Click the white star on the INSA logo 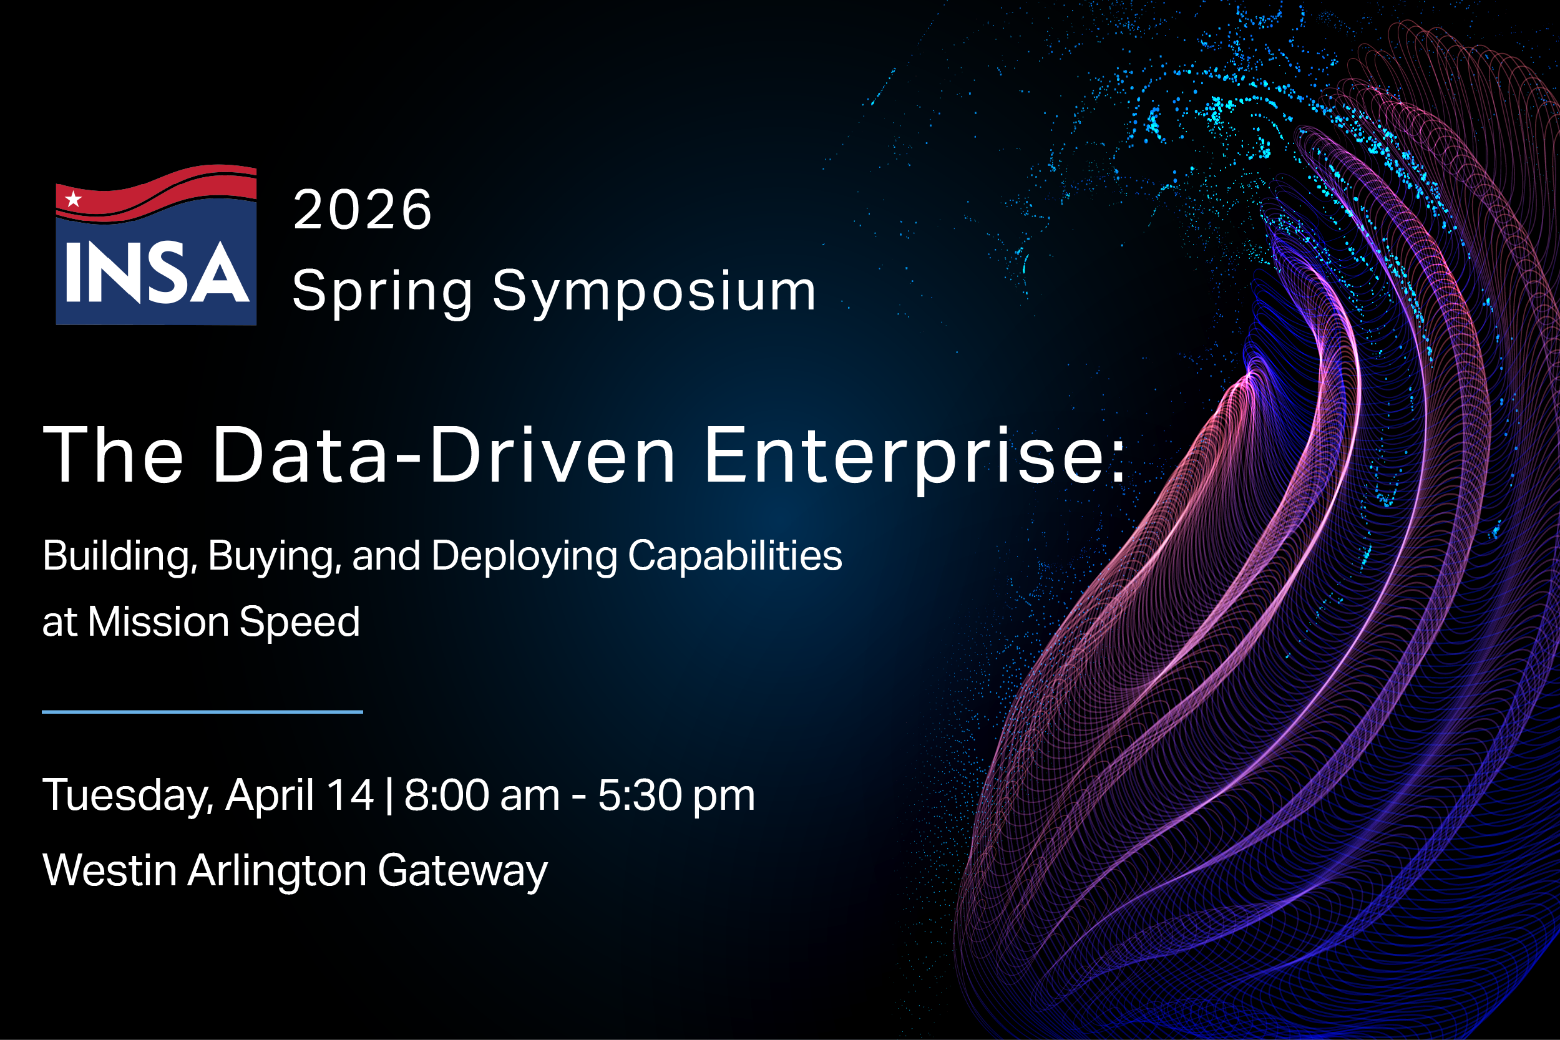coord(73,198)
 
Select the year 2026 coord(362,210)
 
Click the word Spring coord(382,292)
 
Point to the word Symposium coord(654,292)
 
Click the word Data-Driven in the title coord(443,456)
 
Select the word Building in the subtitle coord(119,556)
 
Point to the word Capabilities coord(735,556)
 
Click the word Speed coord(299,622)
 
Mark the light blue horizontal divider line coord(202,712)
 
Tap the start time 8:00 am coord(482,795)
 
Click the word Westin coord(109,870)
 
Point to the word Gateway coord(462,872)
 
